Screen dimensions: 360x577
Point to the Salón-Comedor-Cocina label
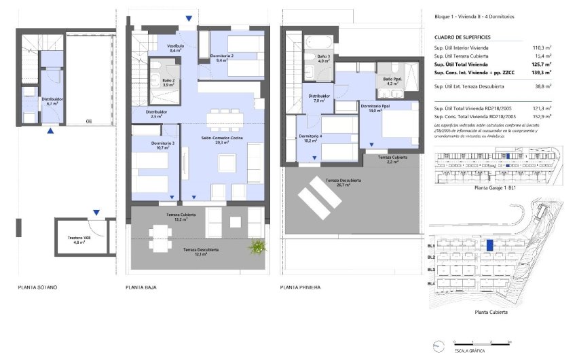[x=219, y=140]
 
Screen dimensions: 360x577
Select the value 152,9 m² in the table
[x=541, y=117]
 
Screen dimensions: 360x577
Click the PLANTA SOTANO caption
[x=37, y=288]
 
